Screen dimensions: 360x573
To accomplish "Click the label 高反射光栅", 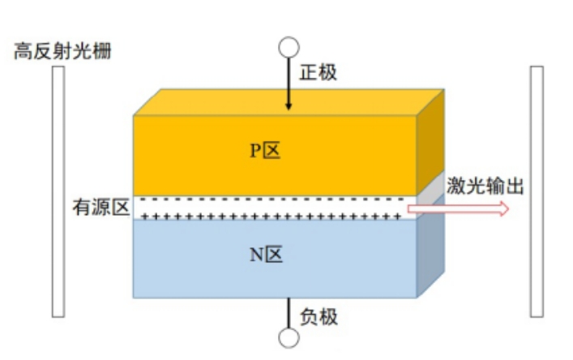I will [x=62, y=53].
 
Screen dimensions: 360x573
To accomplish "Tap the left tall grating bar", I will [x=58, y=191].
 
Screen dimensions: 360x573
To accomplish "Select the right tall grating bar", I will [x=537, y=191].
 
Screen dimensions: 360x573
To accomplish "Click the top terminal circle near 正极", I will [x=288, y=46].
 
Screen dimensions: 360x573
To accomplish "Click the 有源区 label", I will [x=101, y=208].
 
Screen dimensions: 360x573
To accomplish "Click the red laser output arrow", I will [x=458, y=209].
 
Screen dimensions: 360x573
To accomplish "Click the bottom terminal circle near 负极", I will [x=288, y=336].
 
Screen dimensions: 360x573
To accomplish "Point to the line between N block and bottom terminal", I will [x=288, y=312].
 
